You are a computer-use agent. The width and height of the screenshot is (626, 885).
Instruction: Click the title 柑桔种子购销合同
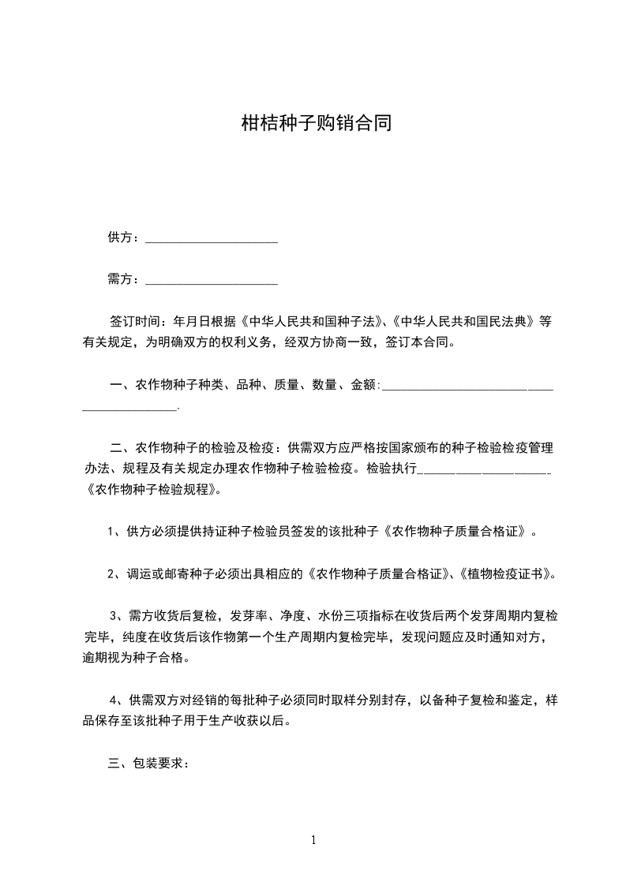[x=316, y=123]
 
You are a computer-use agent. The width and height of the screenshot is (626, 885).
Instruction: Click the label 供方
[x=118, y=237]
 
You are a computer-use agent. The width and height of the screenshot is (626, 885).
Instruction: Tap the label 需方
[x=118, y=279]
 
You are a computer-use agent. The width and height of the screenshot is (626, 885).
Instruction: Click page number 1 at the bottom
[x=313, y=839]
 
